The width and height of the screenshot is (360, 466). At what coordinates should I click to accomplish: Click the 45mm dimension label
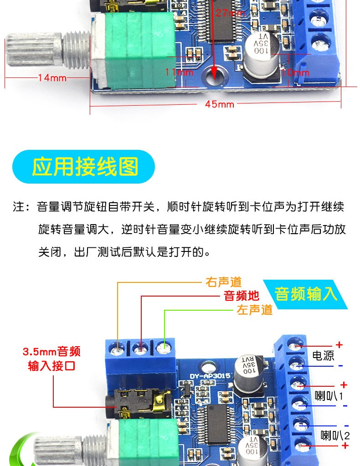click(219, 104)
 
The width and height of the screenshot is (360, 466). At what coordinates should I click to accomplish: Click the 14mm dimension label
click(52, 78)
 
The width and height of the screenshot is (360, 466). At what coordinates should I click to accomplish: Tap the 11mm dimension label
click(179, 72)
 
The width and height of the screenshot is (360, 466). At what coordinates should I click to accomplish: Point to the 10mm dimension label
click(295, 72)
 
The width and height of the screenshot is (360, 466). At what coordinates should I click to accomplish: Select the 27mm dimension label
click(231, 13)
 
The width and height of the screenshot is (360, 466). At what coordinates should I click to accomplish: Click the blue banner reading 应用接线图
click(83, 167)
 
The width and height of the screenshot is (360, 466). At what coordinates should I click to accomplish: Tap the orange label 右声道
click(224, 282)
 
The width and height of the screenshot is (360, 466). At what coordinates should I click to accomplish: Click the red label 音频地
click(242, 296)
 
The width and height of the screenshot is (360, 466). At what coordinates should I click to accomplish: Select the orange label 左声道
click(255, 310)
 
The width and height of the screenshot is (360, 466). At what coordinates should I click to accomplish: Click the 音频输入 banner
click(306, 294)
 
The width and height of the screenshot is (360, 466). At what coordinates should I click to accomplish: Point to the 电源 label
click(323, 355)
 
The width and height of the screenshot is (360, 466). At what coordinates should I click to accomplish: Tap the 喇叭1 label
click(329, 396)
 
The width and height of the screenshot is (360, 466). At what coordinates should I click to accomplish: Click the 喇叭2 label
click(335, 435)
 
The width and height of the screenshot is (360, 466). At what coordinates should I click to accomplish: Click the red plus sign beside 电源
click(339, 345)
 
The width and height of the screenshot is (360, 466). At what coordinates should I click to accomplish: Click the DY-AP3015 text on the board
click(210, 376)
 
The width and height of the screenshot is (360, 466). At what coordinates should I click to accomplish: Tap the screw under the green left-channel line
click(163, 348)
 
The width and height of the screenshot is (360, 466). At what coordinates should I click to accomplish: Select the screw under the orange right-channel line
click(117, 349)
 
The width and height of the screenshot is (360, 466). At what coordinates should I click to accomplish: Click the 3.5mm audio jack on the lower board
click(139, 404)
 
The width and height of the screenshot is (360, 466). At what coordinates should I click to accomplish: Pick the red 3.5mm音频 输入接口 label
click(51, 358)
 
